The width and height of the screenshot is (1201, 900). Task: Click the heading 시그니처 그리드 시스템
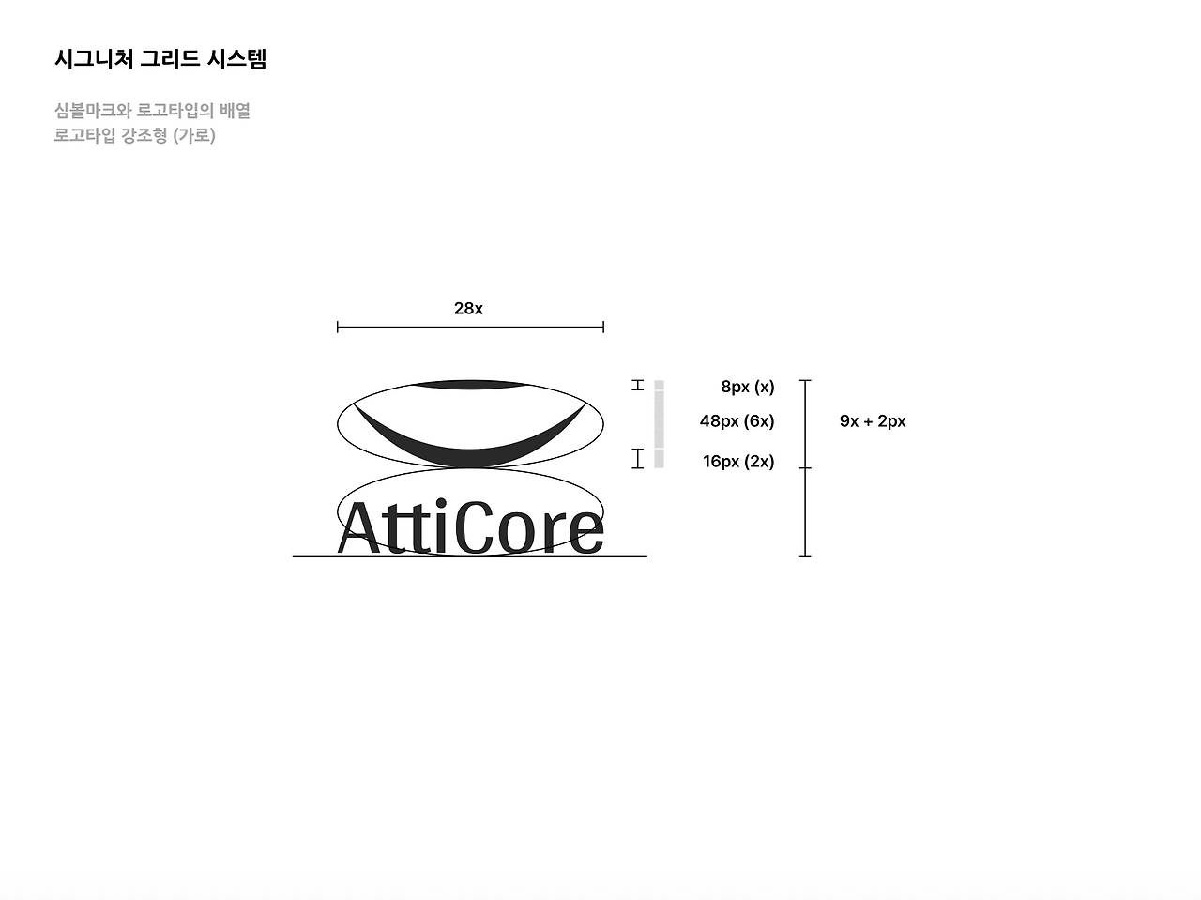tap(160, 59)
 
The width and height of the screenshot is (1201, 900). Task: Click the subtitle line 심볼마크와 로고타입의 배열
tap(152, 111)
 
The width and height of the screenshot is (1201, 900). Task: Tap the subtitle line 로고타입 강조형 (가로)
tap(135, 135)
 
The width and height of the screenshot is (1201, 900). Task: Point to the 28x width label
tap(468, 309)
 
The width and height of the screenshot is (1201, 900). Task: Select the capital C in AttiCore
tap(476, 527)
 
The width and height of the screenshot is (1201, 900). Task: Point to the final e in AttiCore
tap(586, 533)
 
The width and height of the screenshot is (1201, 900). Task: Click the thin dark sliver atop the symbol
tap(469, 384)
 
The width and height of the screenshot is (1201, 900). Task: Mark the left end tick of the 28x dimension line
tap(338, 327)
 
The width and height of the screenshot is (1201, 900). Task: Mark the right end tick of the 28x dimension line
tap(603, 327)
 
